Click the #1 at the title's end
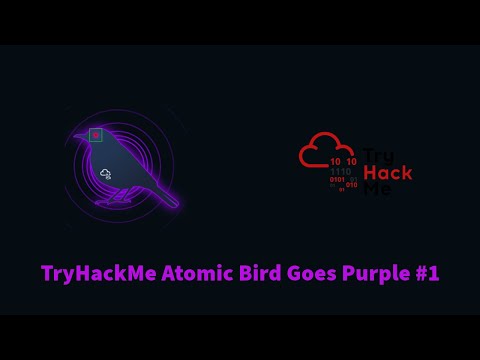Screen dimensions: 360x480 tap(427, 273)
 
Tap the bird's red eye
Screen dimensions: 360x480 tap(96, 134)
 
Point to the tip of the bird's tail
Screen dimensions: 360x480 tap(176, 205)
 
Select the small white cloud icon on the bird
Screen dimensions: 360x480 tap(105, 174)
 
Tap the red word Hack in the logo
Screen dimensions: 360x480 tap(388, 172)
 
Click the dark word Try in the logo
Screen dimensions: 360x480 tap(377, 155)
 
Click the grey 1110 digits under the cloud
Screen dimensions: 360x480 tap(341, 172)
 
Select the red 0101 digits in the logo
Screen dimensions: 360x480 tap(337, 180)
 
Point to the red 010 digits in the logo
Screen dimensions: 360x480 tap(352, 185)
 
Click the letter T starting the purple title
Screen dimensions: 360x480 tap(46, 273)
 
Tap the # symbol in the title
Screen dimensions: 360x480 tap(420, 273)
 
